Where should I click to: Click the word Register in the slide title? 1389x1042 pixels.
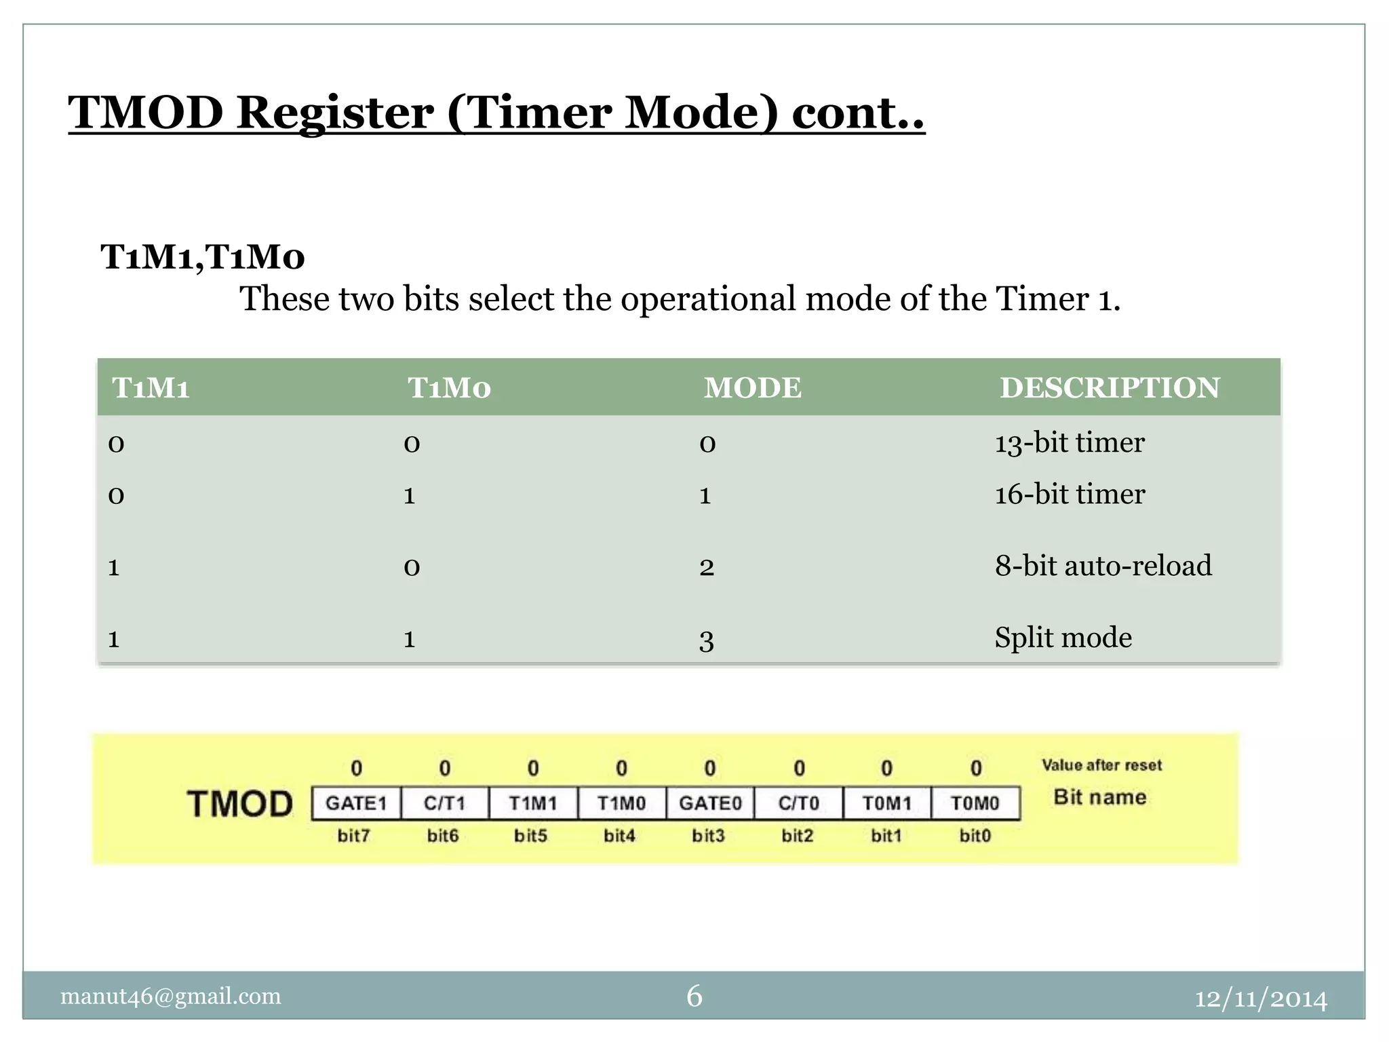coord(335,113)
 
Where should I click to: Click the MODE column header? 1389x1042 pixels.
coord(752,388)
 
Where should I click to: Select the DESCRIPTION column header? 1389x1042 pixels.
coord(1110,388)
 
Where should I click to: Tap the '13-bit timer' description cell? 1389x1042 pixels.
coord(1069,443)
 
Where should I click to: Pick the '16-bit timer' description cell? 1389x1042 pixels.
coord(1069,495)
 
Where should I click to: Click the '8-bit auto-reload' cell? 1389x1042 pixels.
coord(1103,566)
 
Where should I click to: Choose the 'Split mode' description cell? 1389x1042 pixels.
coord(1063,638)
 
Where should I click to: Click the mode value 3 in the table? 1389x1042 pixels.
coord(706,640)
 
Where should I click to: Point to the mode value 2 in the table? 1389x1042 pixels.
coord(706,567)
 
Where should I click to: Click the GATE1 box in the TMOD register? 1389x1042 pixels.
coord(356,804)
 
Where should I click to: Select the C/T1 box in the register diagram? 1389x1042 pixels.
coord(445,804)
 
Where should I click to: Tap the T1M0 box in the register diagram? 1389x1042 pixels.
coord(621,804)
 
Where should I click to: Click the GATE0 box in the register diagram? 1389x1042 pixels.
coord(710,804)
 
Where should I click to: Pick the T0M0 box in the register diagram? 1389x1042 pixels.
coord(975,804)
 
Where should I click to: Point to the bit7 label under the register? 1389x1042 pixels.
coord(354,836)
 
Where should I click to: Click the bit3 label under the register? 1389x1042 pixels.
coord(708,836)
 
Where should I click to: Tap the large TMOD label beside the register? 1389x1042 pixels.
coord(239,805)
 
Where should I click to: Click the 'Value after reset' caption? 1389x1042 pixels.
coord(1101,765)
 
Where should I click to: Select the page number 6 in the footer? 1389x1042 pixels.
coord(694,996)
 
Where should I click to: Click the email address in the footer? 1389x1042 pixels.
coord(170,996)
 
